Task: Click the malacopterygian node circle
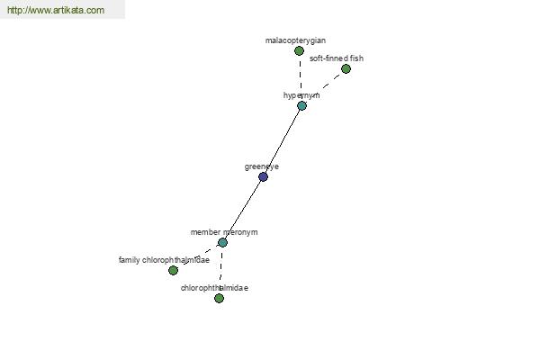tap(299, 51)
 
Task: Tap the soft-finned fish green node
tap(346, 69)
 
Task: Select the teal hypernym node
tap(301, 106)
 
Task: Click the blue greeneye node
tap(263, 176)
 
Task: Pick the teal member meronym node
tap(222, 242)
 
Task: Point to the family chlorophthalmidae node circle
tap(173, 270)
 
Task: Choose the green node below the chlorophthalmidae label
tap(219, 298)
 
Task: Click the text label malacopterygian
tap(295, 40)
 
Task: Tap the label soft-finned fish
tap(337, 58)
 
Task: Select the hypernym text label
tap(301, 95)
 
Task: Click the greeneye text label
tap(261, 166)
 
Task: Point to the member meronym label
tap(224, 232)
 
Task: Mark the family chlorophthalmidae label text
tap(164, 260)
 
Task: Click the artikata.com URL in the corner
tap(56, 10)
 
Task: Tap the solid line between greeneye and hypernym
tap(283, 141)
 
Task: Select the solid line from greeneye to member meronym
tap(243, 210)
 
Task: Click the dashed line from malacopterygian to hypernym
tap(301, 78)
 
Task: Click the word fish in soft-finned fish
tap(356, 58)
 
